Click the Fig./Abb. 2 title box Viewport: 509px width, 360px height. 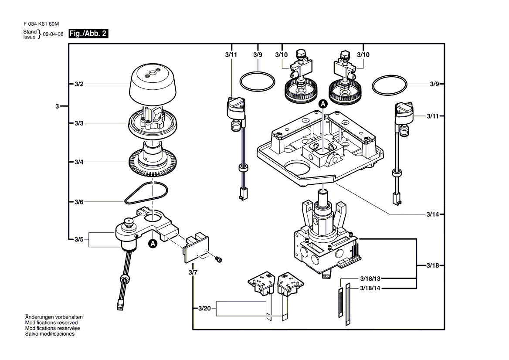88,34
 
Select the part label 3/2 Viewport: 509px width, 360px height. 79,84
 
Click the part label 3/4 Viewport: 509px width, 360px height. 79,162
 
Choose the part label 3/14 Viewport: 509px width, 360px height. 433,214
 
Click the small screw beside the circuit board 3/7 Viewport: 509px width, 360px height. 218,259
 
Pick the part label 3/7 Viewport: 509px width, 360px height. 193,272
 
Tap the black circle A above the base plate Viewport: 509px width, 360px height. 323,104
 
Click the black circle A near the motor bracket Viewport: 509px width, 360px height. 153,244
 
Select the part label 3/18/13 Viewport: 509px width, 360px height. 370,278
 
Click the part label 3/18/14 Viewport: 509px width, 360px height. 370,288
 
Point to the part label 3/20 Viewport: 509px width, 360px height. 204,309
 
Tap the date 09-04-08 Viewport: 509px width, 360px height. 53,34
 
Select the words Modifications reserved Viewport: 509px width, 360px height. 51,323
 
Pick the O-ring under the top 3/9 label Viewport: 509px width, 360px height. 258,82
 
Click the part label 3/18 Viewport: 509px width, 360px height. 433,265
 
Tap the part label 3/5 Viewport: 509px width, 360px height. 79,240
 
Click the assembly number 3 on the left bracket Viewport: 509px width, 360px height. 57,106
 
